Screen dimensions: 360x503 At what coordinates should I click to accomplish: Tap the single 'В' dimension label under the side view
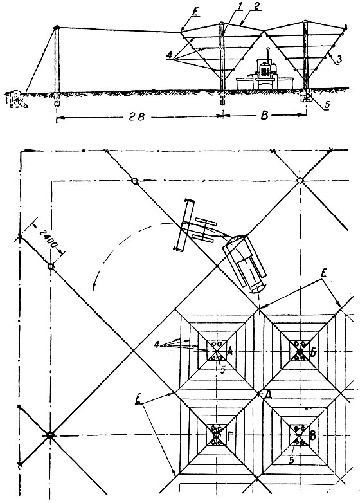[264, 116]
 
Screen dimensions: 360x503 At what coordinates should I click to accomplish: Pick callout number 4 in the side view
[169, 56]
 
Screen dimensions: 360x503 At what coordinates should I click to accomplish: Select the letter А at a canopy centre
[230, 352]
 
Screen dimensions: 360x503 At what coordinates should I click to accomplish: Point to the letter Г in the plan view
[230, 435]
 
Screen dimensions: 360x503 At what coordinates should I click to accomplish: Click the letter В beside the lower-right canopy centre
[313, 436]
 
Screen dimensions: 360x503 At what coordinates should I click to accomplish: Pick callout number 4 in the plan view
[156, 345]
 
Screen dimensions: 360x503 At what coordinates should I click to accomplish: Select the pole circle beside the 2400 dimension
[51, 266]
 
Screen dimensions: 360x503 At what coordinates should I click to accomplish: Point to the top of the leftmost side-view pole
[57, 28]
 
